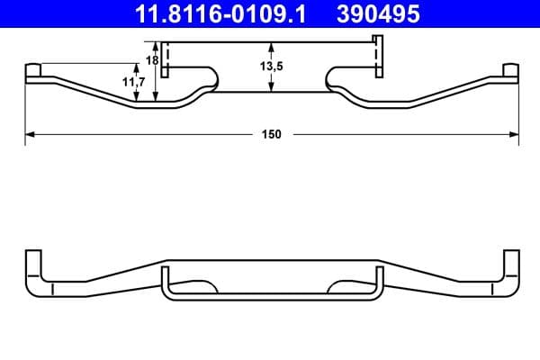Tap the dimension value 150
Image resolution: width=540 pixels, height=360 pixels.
pyautogui.click(x=272, y=134)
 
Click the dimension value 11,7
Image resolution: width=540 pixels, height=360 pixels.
pyautogui.click(x=133, y=82)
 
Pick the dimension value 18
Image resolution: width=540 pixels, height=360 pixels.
pyautogui.click(x=152, y=59)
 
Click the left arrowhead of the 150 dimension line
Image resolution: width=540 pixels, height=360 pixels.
pyautogui.click(x=28, y=134)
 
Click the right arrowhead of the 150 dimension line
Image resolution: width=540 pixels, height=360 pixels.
pyautogui.click(x=515, y=134)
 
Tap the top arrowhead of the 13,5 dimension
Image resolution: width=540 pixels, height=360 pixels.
pyautogui.click(x=272, y=46)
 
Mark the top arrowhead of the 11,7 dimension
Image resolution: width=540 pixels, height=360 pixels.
pyautogui.click(x=137, y=66)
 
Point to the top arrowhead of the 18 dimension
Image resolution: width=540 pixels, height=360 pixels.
pyautogui.click(x=157, y=46)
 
